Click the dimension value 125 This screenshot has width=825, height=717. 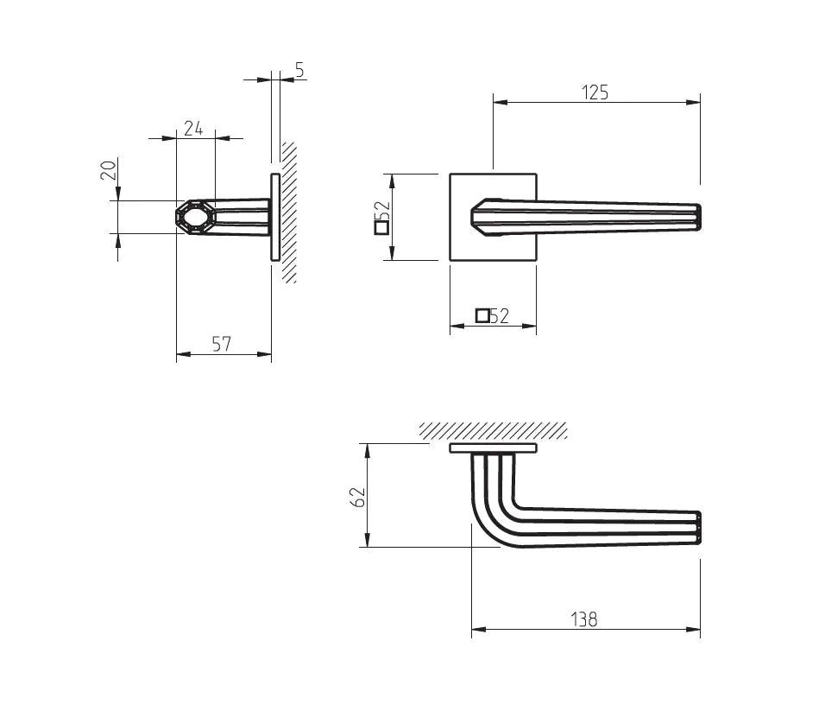595,92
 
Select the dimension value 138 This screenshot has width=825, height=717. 584,619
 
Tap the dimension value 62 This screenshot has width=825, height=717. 358,497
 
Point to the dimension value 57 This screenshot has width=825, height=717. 222,344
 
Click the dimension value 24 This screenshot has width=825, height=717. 193,128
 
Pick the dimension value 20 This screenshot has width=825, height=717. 109,170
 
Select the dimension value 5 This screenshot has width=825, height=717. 300,69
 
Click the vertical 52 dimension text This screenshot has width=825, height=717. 385,212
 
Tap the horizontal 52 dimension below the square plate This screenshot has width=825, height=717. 500,315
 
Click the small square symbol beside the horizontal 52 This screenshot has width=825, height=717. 482,315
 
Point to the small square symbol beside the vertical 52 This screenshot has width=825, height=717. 381,227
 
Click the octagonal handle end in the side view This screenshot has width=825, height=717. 195,217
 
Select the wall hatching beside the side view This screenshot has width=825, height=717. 289,213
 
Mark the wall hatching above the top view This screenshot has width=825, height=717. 494,430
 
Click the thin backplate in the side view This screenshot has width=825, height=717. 275,217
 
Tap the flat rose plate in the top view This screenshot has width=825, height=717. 494,448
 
